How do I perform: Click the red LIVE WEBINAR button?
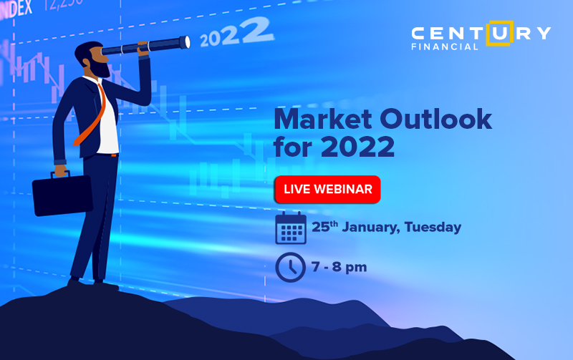(327, 189)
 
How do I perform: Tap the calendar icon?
(291, 228)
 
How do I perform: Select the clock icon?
(291, 267)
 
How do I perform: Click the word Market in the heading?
(323, 119)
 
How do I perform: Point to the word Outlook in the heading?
(436, 119)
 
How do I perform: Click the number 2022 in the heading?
(357, 147)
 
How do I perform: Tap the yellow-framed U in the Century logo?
(499, 33)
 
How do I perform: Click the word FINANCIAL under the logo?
(444, 47)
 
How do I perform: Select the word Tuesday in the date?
(433, 227)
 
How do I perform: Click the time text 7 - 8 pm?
(339, 267)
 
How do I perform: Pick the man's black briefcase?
(62, 195)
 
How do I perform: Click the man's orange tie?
(92, 115)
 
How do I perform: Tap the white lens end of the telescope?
(187, 42)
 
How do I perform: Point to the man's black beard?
(99, 67)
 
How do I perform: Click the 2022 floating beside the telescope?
(236, 32)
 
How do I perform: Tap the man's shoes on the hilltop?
(93, 283)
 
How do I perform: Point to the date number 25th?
(324, 227)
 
